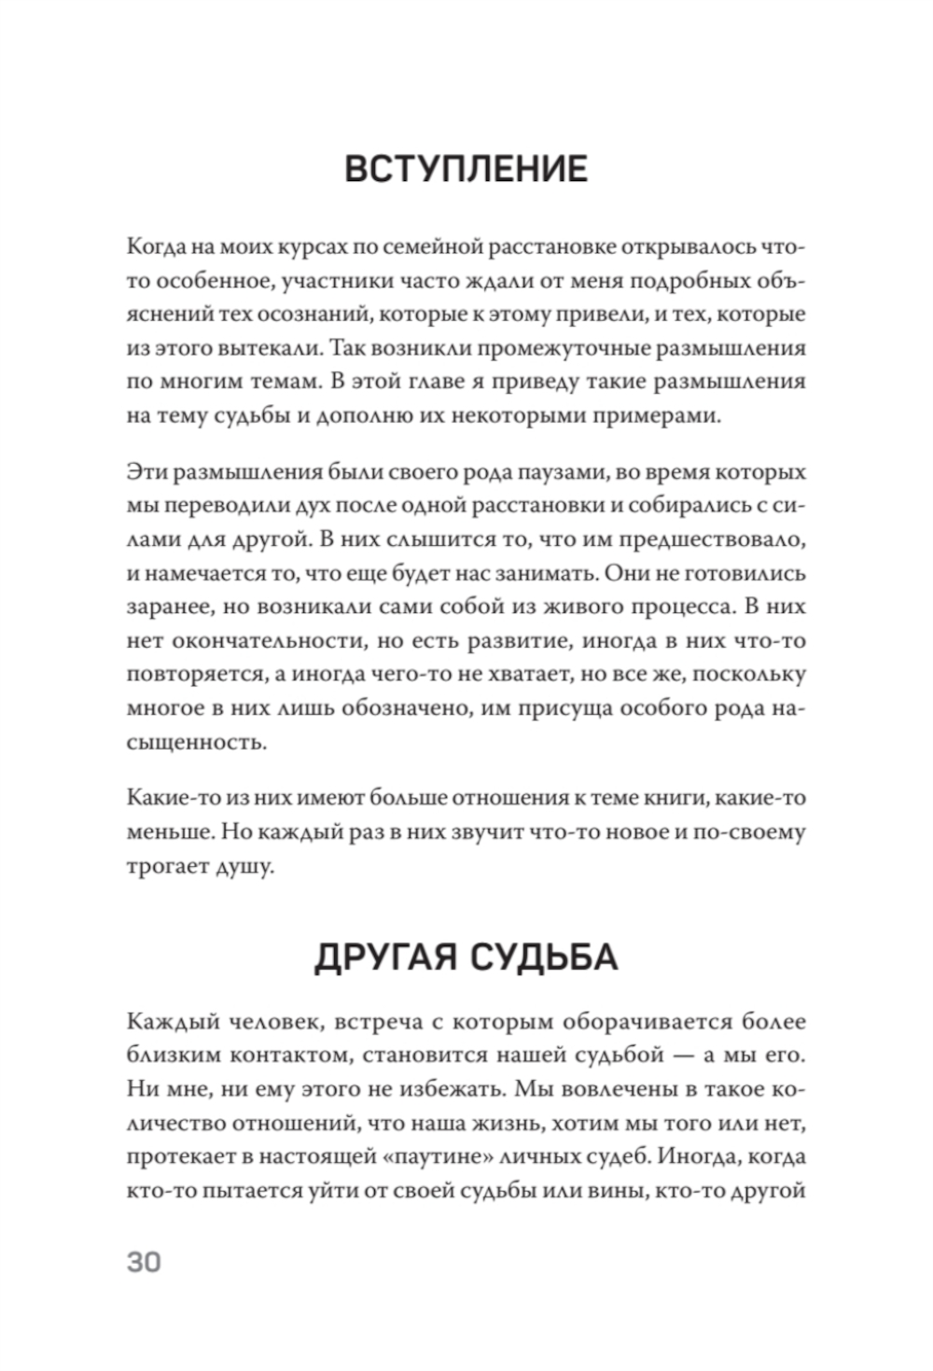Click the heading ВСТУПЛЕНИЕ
point(466,169)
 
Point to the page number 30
point(144,1262)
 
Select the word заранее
point(169,606)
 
